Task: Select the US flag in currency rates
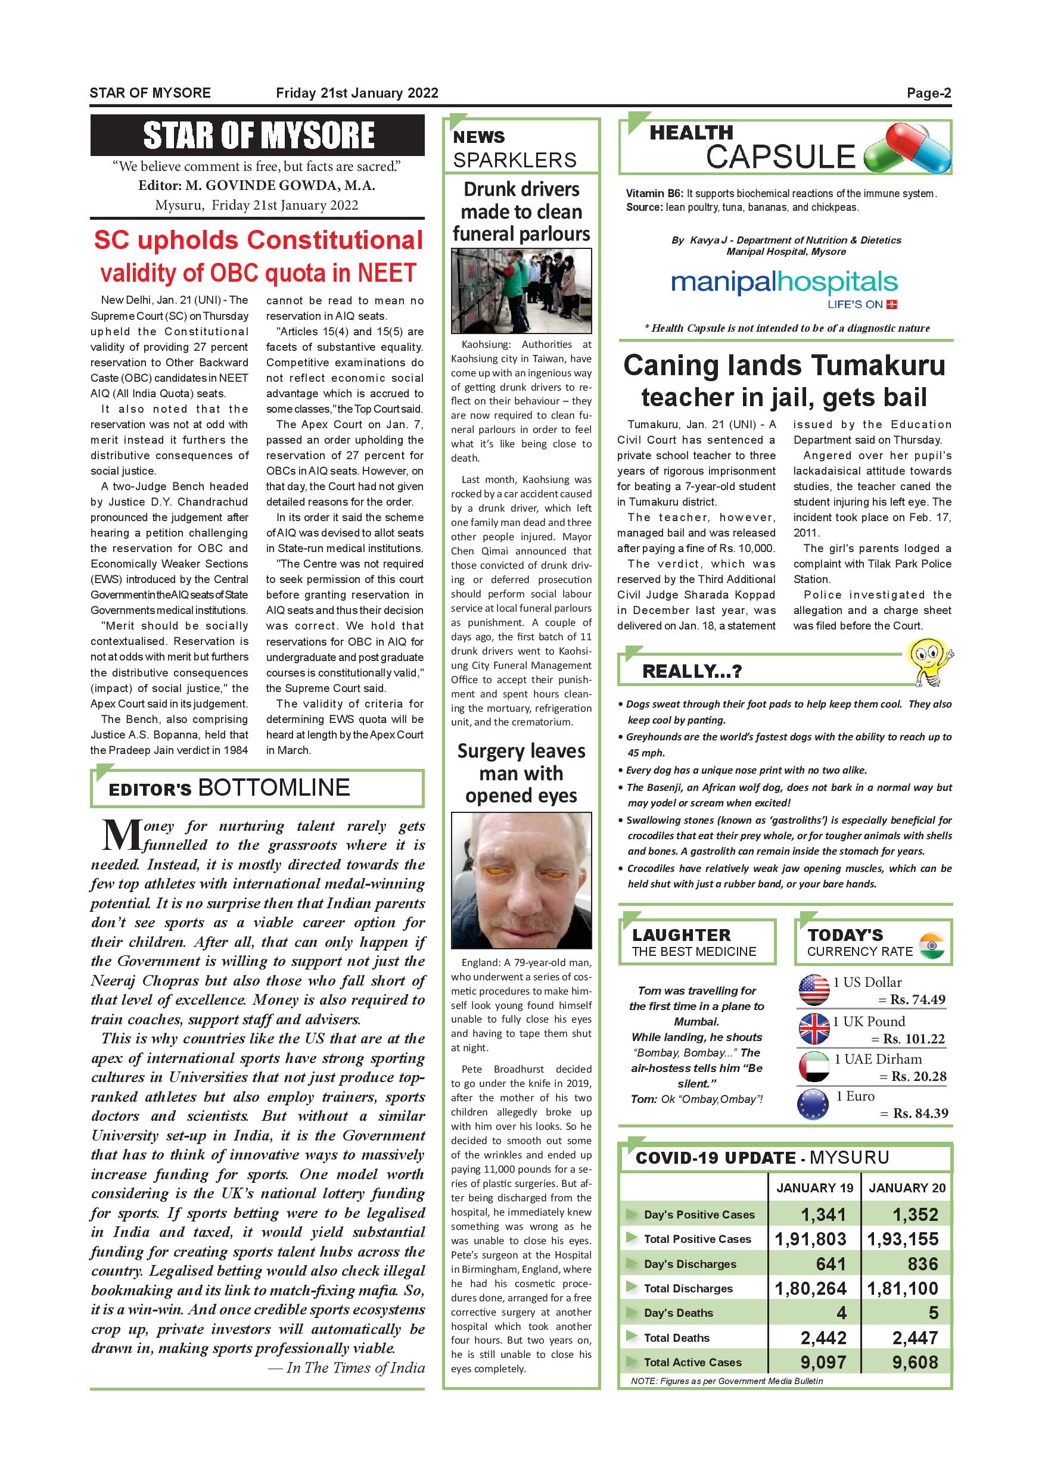pos(814,990)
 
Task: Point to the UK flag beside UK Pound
pos(814,1029)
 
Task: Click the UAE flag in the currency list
pos(814,1067)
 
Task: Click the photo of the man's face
pos(521,880)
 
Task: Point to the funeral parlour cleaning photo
pos(521,291)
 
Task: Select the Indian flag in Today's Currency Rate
pos(932,946)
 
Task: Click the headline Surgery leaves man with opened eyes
pos(521,773)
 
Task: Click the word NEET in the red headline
pos(387,273)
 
